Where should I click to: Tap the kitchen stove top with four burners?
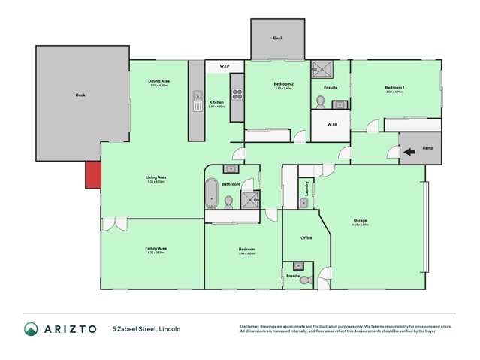point(237,95)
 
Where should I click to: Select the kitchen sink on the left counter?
point(197,95)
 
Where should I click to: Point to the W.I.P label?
point(224,67)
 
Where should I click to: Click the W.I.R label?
point(331,125)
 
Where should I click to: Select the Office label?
point(306,238)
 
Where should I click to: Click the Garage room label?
point(361,220)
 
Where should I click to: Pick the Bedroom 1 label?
point(394,88)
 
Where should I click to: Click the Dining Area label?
point(158,81)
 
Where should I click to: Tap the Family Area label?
point(156,248)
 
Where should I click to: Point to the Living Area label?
point(156,177)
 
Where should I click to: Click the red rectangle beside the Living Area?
point(92,176)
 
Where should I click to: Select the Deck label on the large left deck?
point(80,95)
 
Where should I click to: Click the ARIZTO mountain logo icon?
point(32,328)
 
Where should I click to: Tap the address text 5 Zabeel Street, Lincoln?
point(146,329)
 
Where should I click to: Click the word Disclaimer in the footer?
point(250,325)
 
